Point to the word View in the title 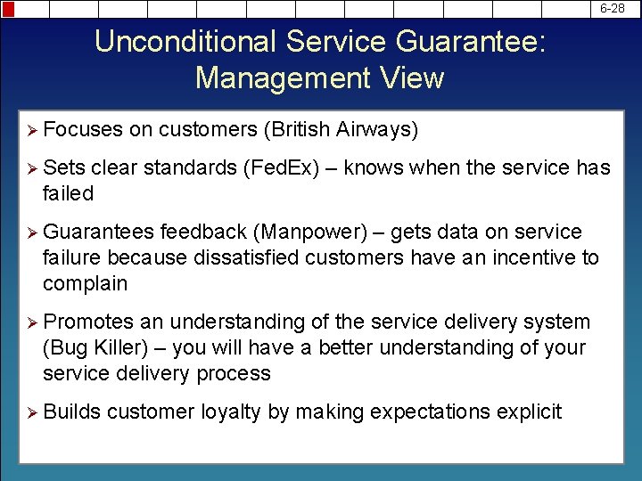409,78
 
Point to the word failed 68,193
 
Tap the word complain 85,284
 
